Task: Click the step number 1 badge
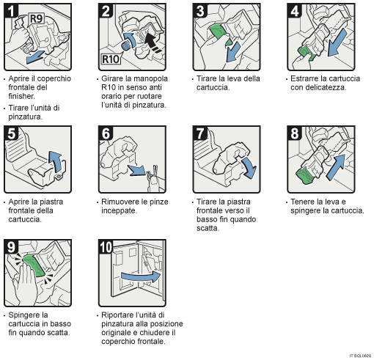pos(10,11)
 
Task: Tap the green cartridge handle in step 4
pos(304,52)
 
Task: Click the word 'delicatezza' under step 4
pos(318,87)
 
